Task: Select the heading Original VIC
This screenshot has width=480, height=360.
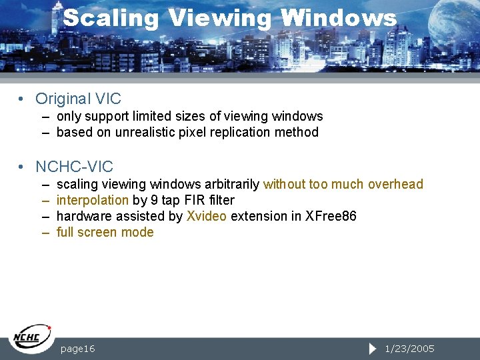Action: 78,99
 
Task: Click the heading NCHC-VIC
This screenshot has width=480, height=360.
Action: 74,167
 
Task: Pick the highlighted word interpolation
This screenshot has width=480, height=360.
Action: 92,200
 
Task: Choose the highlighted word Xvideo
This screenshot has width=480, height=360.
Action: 207,216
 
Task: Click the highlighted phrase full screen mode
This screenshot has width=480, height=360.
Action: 105,232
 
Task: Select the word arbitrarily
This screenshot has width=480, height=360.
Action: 232,184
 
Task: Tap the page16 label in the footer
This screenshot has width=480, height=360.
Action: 77,349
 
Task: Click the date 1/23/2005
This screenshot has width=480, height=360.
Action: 410,349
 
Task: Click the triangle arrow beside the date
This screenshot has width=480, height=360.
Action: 373,349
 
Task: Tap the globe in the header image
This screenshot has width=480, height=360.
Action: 454,23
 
